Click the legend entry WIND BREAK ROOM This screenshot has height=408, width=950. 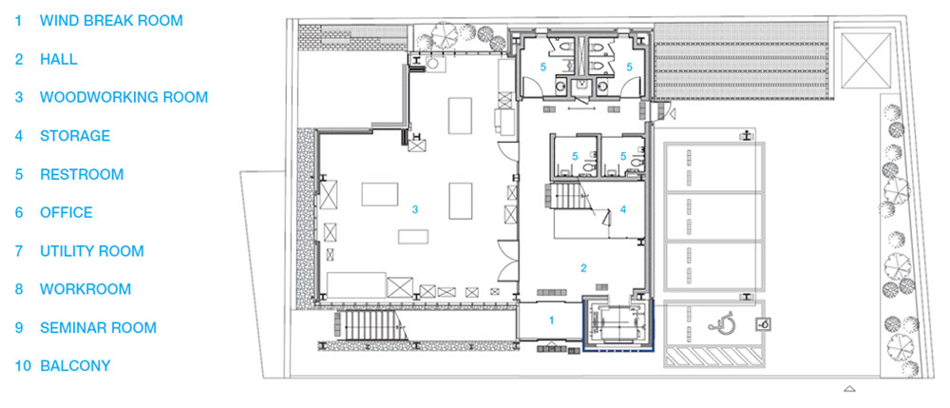click(111, 21)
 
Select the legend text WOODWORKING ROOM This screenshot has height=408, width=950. click(123, 97)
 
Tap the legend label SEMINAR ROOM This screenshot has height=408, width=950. click(98, 328)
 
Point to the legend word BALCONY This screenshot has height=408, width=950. click(75, 366)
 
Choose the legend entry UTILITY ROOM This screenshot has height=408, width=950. click(92, 251)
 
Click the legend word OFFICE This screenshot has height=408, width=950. click(66, 213)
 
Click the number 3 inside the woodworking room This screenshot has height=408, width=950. click(415, 210)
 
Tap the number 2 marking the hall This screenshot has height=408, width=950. click(583, 268)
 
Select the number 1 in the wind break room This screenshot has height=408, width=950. click(551, 321)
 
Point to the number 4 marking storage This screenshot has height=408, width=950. click(622, 210)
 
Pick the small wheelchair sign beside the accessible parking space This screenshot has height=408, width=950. click(765, 324)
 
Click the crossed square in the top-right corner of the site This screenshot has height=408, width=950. click(865, 60)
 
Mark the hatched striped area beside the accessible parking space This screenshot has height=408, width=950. click(714, 357)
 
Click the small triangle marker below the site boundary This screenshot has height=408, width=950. click(850, 389)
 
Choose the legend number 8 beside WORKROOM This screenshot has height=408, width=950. click(19, 289)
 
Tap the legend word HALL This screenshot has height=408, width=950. click(59, 59)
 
